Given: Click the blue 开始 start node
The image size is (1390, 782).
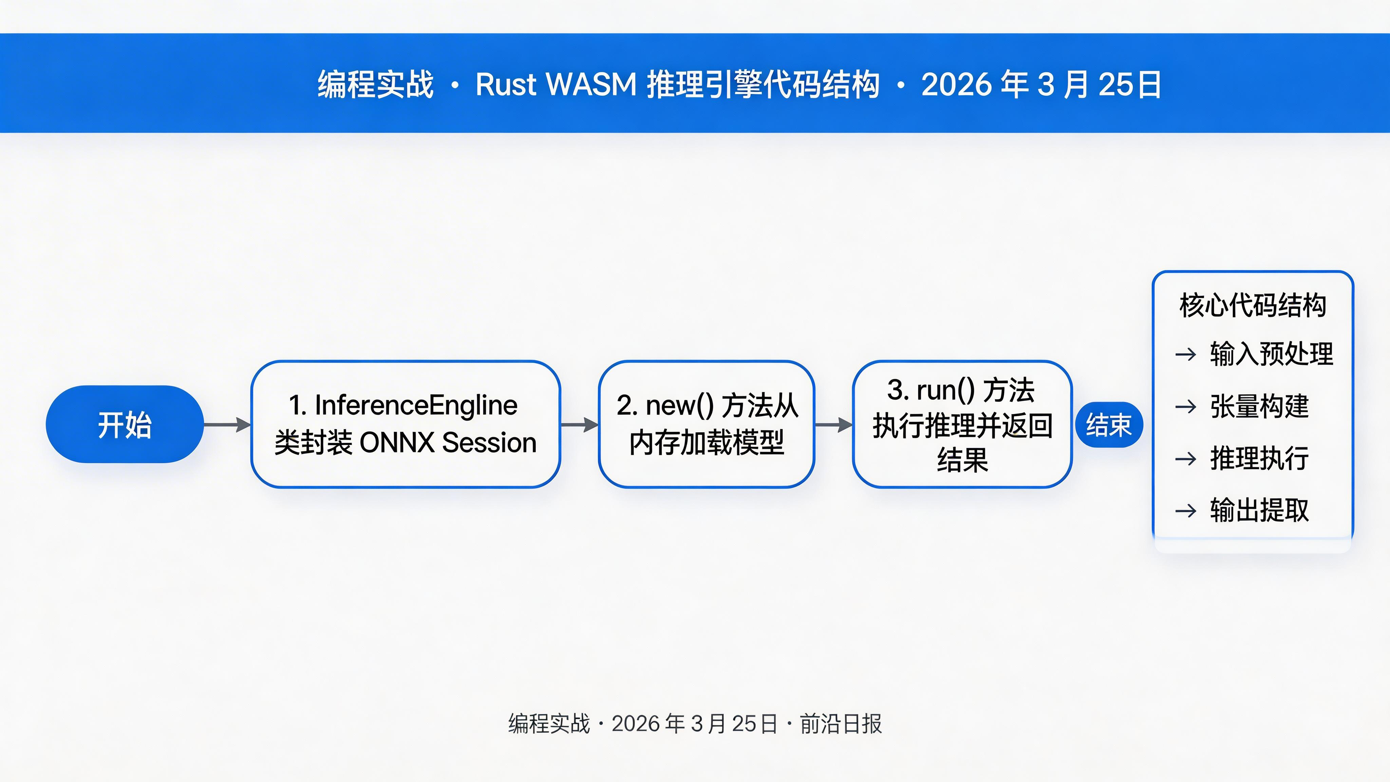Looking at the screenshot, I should click(125, 424).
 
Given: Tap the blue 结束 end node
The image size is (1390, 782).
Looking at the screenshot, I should click(1109, 425).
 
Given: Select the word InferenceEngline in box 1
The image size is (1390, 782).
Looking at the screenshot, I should click(415, 405).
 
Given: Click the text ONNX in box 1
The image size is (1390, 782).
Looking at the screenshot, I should click(397, 443).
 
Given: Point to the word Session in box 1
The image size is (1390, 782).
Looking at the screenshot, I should click(489, 443).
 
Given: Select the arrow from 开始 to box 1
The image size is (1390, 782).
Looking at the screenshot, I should click(227, 425).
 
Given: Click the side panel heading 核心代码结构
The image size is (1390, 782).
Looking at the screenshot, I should click(1253, 305).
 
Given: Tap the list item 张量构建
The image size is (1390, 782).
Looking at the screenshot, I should click(1259, 406).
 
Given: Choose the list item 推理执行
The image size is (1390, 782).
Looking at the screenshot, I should click(1259, 459).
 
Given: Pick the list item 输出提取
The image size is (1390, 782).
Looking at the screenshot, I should click(1259, 510).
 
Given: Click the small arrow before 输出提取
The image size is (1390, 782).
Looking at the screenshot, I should click(1185, 510).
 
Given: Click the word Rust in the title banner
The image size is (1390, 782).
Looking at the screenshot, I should click(506, 85).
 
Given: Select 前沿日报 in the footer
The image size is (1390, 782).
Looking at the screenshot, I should click(840, 724).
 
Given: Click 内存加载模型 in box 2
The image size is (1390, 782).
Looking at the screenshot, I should click(706, 443).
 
